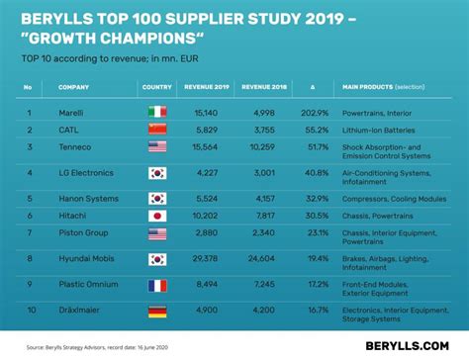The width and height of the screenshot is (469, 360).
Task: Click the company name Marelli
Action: pyautogui.click(x=71, y=113)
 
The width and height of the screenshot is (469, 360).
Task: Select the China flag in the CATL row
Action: pyautogui.click(x=157, y=130)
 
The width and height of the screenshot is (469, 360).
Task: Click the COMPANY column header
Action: pyautogui.click(x=73, y=87)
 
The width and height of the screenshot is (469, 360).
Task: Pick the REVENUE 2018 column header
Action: pyautogui.click(x=264, y=87)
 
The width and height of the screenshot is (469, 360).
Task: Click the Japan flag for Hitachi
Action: pyautogui.click(x=157, y=215)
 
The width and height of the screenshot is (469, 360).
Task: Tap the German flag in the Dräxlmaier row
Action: pyautogui.click(x=157, y=311)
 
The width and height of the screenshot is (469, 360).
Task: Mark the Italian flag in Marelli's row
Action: pyautogui.click(x=157, y=113)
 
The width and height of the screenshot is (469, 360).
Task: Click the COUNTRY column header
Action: pyautogui.click(x=157, y=87)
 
